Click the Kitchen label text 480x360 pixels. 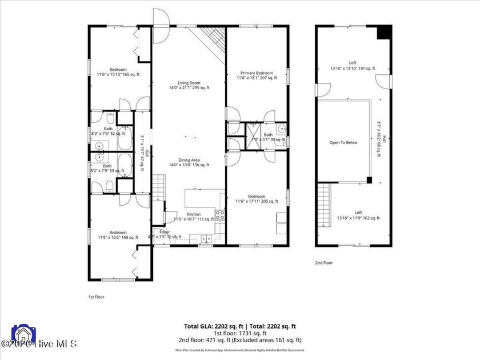tap(193, 215)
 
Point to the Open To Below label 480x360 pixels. tap(343, 142)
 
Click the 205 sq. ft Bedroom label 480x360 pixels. tap(257, 198)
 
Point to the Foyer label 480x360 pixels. tap(165, 233)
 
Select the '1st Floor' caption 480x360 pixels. tap(96, 297)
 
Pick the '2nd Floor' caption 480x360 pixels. tap(323, 263)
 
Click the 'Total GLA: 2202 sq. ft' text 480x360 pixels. tap(209, 326)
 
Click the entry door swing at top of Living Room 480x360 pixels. tap(161, 19)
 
